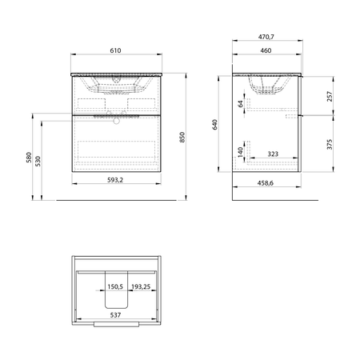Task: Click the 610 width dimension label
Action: click(115, 50)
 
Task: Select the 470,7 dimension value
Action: click(266, 37)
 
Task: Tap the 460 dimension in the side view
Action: click(266, 50)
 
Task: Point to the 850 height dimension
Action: click(182, 137)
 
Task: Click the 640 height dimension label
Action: click(214, 125)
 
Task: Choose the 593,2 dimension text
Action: click(115, 180)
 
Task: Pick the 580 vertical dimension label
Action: click(29, 158)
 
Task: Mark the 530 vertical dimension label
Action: click(38, 162)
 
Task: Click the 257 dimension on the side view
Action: click(330, 96)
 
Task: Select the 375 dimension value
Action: click(330, 144)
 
